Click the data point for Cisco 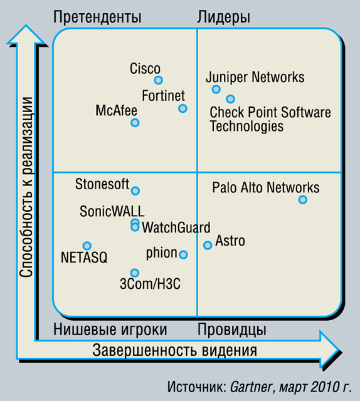(x=159, y=80)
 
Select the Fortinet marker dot (x=183, y=108)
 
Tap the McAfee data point (x=135, y=123)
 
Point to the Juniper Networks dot (x=216, y=89)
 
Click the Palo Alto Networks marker (x=303, y=199)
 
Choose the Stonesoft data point (x=135, y=190)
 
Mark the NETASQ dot (x=87, y=246)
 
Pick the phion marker (x=183, y=254)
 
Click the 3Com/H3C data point (x=135, y=273)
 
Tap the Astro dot (x=208, y=245)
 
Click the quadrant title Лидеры (x=223, y=18)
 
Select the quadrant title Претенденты (x=97, y=17)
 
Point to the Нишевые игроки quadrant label (x=110, y=330)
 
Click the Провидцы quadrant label (x=231, y=330)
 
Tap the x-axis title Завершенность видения (x=174, y=350)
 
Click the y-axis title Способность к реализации (x=26, y=187)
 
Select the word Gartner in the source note (x=251, y=387)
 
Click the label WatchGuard (x=176, y=227)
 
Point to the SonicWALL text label (x=112, y=211)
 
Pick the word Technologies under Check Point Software (x=246, y=127)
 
